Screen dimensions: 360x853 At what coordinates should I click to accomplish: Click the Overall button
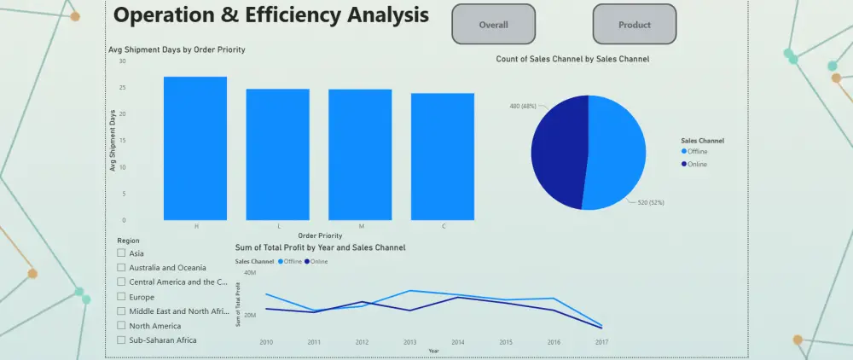(x=493, y=25)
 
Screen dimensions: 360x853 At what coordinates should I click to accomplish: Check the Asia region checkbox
(x=122, y=253)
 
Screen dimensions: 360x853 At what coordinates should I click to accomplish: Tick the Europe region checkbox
(x=122, y=297)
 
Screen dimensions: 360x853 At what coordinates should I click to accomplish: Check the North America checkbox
(x=122, y=326)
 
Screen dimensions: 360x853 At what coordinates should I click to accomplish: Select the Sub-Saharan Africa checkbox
(x=122, y=340)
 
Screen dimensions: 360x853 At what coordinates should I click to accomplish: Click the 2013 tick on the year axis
(x=409, y=342)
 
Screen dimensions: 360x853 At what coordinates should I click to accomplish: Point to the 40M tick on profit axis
(x=251, y=272)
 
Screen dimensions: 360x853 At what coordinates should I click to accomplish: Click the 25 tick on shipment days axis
(x=122, y=87)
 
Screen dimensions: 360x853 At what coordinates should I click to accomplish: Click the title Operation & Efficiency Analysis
(x=270, y=15)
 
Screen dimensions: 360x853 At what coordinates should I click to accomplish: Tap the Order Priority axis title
(x=320, y=235)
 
